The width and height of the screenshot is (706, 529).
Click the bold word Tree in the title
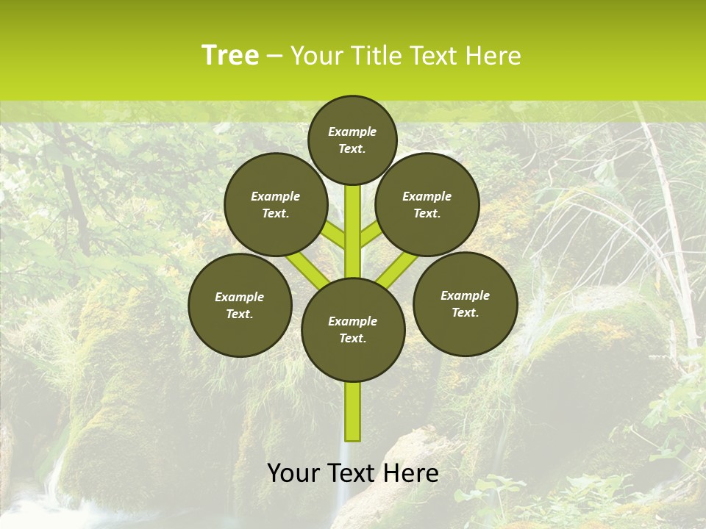point(230,55)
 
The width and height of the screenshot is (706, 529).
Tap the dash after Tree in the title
point(275,56)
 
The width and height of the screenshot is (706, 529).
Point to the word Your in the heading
point(317,56)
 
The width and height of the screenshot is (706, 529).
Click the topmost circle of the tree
point(352,140)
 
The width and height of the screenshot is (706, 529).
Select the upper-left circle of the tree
point(276,204)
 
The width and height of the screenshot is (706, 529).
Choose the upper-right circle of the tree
point(427,204)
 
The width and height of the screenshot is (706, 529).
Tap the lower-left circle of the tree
point(240,305)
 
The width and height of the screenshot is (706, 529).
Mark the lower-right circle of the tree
point(465,303)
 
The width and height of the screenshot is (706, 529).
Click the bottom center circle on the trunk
point(353,329)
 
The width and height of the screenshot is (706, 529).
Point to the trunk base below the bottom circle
point(353,411)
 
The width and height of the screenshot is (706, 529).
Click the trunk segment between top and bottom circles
point(353,231)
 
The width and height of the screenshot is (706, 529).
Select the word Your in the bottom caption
point(293,473)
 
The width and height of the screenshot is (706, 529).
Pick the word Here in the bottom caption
point(411,473)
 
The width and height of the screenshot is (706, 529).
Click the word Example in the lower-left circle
point(240,297)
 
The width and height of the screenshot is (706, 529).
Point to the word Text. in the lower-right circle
point(465,312)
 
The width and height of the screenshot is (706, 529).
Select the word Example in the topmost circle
point(352,132)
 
